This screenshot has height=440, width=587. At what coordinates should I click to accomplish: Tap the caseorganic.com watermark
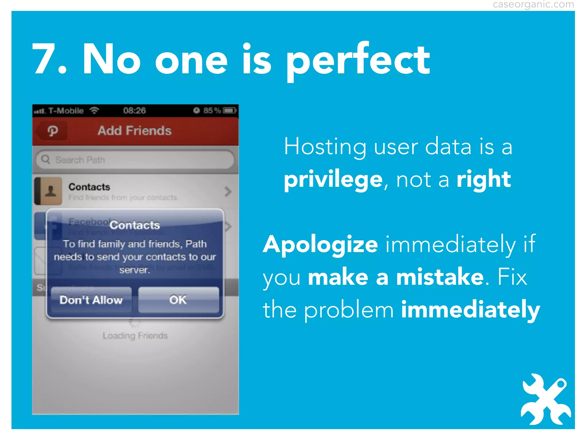533,5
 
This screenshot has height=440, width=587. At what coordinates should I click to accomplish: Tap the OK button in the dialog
178,300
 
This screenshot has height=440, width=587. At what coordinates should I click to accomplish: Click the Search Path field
135,160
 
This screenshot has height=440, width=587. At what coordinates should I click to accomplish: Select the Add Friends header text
134,131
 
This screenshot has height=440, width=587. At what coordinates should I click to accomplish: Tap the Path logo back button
52,131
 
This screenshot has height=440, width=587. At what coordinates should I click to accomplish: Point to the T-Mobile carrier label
66,111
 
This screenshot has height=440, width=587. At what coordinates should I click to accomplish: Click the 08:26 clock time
134,111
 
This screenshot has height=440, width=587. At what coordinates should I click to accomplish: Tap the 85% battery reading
212,111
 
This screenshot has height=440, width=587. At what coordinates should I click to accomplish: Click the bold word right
484,180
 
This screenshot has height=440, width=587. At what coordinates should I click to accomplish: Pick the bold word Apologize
320,245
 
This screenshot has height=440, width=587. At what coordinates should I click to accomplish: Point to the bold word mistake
440,277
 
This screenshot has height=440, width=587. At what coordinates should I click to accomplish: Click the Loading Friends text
135,335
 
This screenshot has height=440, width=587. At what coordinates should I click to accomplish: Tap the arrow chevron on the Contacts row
228,192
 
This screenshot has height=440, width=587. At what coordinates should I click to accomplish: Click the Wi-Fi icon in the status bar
94,110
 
